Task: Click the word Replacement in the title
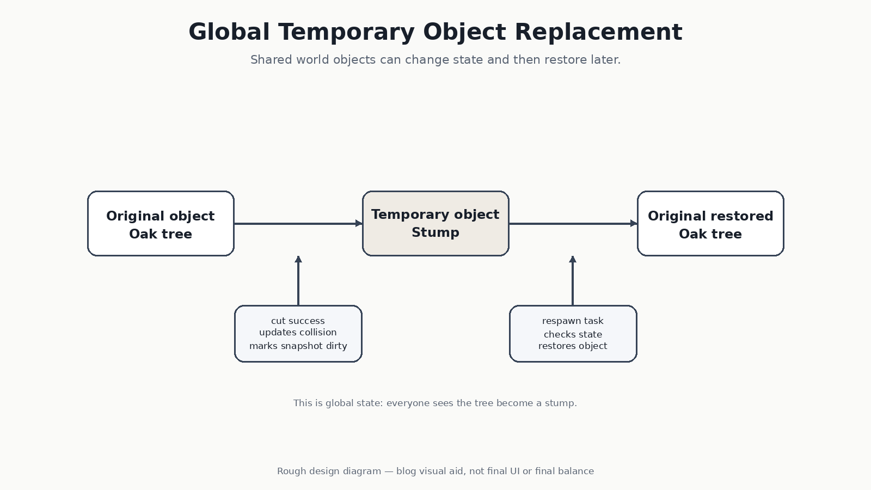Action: coord(598,33)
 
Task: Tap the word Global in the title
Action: coord(229,32)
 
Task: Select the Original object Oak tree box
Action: coord(161,223)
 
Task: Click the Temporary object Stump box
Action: coord(436,223)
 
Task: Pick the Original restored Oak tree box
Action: coord(710,223)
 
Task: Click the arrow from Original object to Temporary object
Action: coord(298,224)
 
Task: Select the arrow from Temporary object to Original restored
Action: coord(573,224)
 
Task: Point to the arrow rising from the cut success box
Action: coord(298,280)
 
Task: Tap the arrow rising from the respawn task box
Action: coord(573,280)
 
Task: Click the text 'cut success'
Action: coord(298,321)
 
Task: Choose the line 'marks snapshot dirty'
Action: coord(298,346)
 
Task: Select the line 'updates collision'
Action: coord(298,333)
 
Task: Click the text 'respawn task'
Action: coord(573,321)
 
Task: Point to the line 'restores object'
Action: coord(573,346)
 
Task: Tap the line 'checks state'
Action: coord(573,334)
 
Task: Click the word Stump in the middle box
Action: coord(436,233)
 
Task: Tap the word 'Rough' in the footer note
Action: coord(290,471)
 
